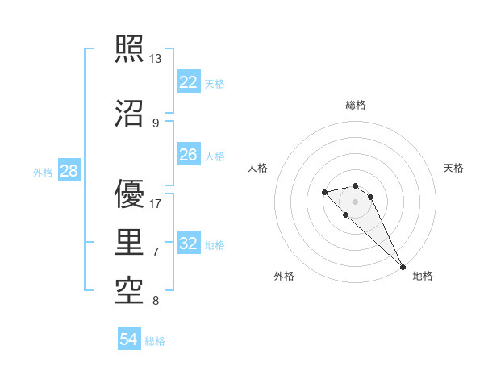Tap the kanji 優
pyautogui.click(x=130, y=194)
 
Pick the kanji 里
pyautogui.click(x=130, y=242)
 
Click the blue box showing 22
pyautogui.click(x=189, y=82)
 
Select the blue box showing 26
pyautogui.click(x=189, y=155)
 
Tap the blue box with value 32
pyautogui.click(x=189, y=244)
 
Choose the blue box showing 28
pyautogui.click(x=69, y=172)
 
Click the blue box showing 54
pyautogui.click(x=129, y=339)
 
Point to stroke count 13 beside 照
pyautogui.click(x=155, y=59)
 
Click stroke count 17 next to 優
pyautogui.click(x=155, y=204)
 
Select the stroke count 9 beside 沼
pyautogui.click(x=155, y=123)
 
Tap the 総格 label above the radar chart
pyautogui.click(x=356, y=105)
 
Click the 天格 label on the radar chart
pyautogui.click(x=453, y=168)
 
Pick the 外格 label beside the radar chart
pyautogui.click(x=284, y=276)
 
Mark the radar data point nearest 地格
pyautogui.click(x=403, y=267)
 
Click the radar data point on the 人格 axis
pyautogui.click(x=324, y=192)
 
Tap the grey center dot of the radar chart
pyautogui.click(x=356, y=202)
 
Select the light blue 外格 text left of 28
pyautogui.click(x=43, y=173)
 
